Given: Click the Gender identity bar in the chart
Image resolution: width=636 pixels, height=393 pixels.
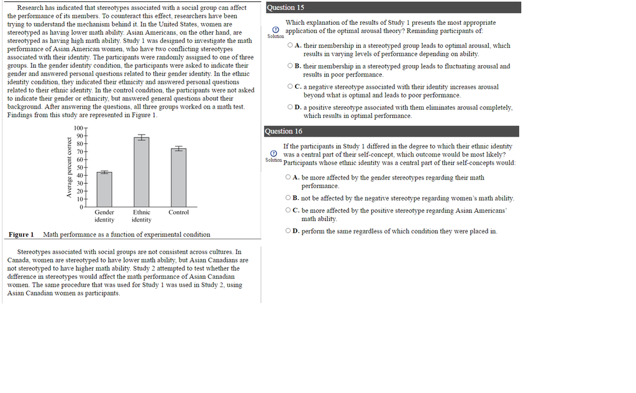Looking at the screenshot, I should pyautogui.click(x=104, y=189).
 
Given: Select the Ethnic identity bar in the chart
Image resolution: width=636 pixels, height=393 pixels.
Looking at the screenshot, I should pyautogui.click(x=142, y=172).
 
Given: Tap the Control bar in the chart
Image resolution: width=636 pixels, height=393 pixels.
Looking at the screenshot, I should pyautogui.click(x=179, y=178).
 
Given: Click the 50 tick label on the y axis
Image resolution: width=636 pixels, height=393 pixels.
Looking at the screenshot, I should pyautogui.click(x=79, y=167).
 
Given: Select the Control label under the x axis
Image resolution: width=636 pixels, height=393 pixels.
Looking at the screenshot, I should pyautogui.click(x=179, y=212).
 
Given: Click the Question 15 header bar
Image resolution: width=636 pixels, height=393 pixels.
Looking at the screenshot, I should pyautogui.click(x=393, y=7).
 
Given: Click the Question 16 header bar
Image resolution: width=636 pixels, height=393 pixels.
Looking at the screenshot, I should pyautogui.click(x=392, y=131).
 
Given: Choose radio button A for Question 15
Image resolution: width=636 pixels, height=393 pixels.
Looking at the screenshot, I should pyautogui.click(x=290, y=45).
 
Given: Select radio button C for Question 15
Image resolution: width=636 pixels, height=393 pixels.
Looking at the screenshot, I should pyautogui.click(x=290, y=87).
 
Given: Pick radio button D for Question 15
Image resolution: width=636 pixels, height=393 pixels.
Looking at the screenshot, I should pyautogui.click(x=290, y=107).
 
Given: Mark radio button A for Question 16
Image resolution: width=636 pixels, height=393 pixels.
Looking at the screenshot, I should pyautogui.click(x=288, y=178).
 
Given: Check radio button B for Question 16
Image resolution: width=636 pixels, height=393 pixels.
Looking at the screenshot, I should pyautogui.click(x=288, y=198).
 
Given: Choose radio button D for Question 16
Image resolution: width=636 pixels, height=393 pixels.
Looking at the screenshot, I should pyautogui.click(x=288, y=231).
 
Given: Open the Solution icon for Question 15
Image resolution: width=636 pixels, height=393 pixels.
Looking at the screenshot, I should pyautogui.click(x=275, y=30).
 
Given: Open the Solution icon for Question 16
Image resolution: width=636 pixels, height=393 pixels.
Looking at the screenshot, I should pyautogui.click(x=274, y=153).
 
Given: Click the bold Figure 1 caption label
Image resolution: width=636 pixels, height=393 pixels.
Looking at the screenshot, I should pyautogui.click(x=21, y=235).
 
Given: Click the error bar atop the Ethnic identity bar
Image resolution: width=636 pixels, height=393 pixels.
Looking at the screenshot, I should pyautogui.click(x=142, y=137).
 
